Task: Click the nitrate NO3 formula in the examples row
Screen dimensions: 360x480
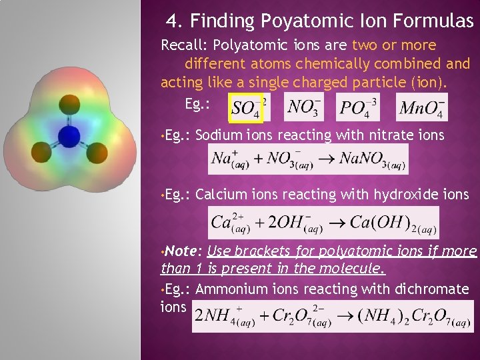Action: pos(304,107)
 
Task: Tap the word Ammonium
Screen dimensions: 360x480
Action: pos(225,289)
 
